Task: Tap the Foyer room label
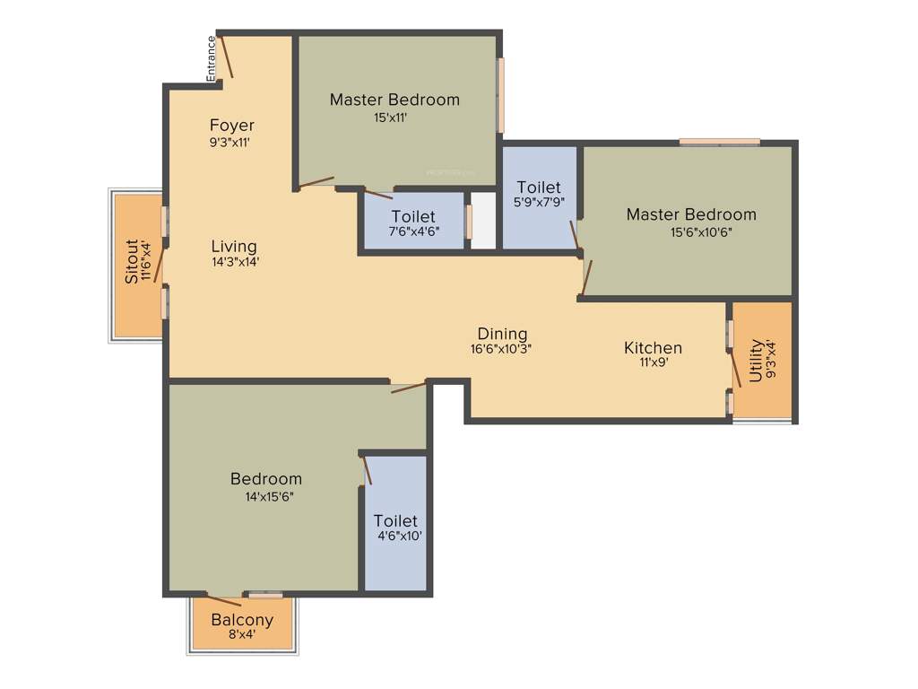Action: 232,126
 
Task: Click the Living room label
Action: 234,246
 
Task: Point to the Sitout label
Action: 132,261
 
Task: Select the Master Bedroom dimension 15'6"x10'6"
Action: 692,231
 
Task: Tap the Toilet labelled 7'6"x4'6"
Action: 413,217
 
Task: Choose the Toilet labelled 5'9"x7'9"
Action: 539,188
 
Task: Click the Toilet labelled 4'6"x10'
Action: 395,521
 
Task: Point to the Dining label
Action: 502,334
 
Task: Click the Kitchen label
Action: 653,348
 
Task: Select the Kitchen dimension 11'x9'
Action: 653,364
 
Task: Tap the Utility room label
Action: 756,361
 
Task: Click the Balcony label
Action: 242,620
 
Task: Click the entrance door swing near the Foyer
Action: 226,56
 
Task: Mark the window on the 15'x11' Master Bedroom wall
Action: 501,95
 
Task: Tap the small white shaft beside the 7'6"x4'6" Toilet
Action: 483,221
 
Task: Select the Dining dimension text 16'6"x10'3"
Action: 502,350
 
